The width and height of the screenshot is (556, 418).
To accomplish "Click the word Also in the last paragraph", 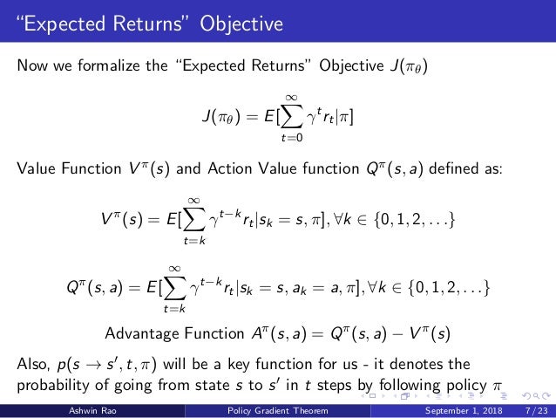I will point(35,363).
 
